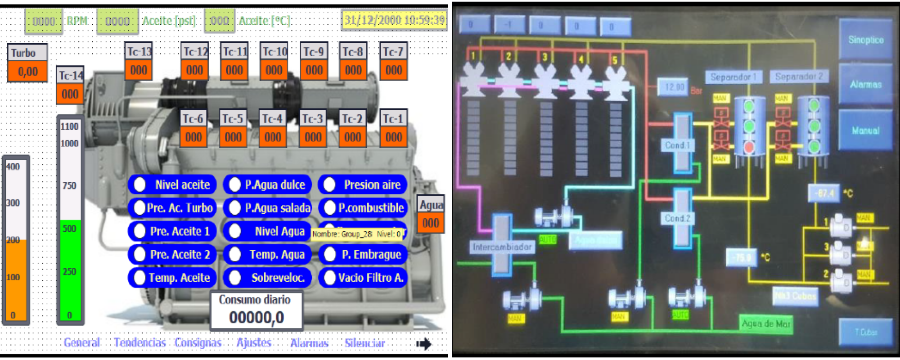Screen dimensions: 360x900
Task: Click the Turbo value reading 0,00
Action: pos(27,71)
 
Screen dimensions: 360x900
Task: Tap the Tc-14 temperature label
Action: pos(71,75)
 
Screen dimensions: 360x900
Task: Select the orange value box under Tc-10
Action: pos(274,70)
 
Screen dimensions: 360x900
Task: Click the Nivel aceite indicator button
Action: pos(172,184)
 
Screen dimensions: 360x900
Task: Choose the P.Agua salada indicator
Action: pos(267,208)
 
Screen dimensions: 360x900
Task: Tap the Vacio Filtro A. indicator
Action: pos(363,278)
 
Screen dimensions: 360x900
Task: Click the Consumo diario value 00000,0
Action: pos(256,317)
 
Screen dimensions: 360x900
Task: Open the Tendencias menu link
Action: pos(139,343)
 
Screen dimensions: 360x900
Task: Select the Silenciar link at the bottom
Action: pos(364,343)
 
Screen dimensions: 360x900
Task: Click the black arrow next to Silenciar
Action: pos(423,344)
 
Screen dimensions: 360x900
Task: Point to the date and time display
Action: pos(394,20)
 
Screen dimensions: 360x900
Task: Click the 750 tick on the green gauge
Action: pos(69,185)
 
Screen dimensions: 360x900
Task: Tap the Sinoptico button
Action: pos(865,40)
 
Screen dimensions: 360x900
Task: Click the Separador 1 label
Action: pos(733,77)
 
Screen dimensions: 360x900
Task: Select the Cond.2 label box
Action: pos(678,218)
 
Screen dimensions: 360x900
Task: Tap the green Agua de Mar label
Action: pos(766,323)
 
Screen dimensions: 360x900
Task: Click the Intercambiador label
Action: pos(502,247)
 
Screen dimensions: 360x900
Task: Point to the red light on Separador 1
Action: pos(749,147)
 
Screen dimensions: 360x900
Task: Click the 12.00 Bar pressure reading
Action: pos(674,87)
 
